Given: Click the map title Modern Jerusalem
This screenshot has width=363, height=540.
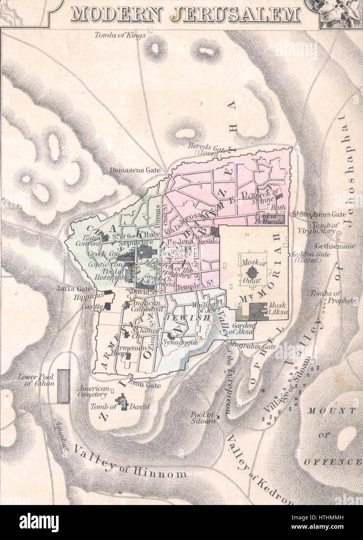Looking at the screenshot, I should (186, 14).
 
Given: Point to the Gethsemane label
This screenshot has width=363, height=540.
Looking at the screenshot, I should (330, 246).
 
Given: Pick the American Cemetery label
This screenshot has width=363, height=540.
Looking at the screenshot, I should (92, 392).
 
